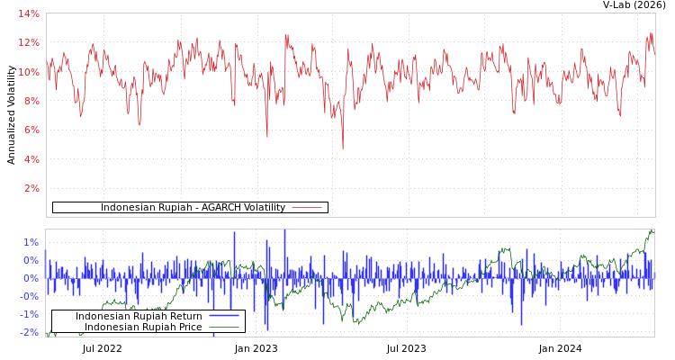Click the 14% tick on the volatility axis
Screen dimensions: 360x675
[29, 13]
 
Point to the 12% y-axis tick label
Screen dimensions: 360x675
[29, 43]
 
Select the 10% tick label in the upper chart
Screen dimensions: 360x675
[29, 72]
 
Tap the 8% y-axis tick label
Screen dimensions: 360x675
[31, 101]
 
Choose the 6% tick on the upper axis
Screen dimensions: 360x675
[31, 130]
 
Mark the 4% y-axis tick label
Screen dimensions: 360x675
[31, 159]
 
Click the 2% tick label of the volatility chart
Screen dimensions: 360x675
[31, 188]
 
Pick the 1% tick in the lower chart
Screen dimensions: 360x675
[31, 242]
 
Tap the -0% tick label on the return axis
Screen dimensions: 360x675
[30, 296]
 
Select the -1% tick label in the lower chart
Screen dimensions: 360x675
[30, 314]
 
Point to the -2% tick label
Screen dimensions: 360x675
[30, 332]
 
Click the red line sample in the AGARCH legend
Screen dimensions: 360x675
[307, 208]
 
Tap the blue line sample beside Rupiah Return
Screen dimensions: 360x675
[224, 317]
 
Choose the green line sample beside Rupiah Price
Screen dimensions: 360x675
[224, 328]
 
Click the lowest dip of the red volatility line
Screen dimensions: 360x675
[342, 148]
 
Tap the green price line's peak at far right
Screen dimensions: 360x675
[652, 230]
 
